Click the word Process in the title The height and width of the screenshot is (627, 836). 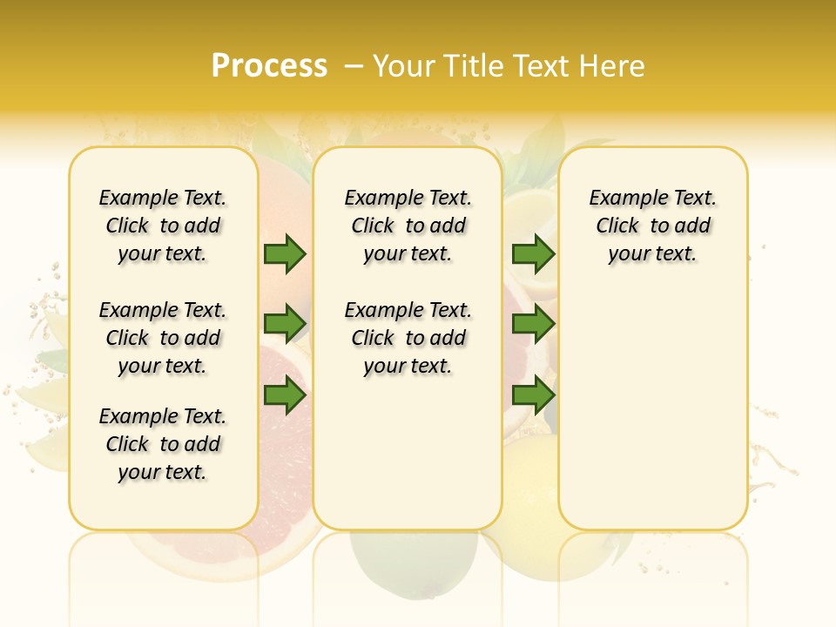(x=269, y=66)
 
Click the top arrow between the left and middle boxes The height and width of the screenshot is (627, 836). (x=285, y=253)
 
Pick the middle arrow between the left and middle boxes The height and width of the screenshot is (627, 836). (x=285, y=324)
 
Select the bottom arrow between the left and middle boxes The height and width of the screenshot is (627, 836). (x=285, y=396)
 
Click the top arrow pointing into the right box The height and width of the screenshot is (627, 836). (x=533, y=253)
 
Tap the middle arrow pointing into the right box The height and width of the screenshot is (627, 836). (x=533, y=324)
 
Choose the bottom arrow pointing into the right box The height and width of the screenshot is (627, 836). (x=533, y=396)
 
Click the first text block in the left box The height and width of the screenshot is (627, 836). (x=163, y=226)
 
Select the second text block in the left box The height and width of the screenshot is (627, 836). (x=163, y=338)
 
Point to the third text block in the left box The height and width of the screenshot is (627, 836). (x=163, y=444)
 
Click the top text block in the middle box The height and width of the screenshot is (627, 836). (x=408, y=226)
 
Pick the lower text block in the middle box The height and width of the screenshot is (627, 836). (x=408, y=338)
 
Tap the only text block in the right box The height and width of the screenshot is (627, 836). (x=653, y=226)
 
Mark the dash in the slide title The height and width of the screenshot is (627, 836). (x=354, y=66)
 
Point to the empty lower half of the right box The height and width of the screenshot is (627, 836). (x=653, y=418)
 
